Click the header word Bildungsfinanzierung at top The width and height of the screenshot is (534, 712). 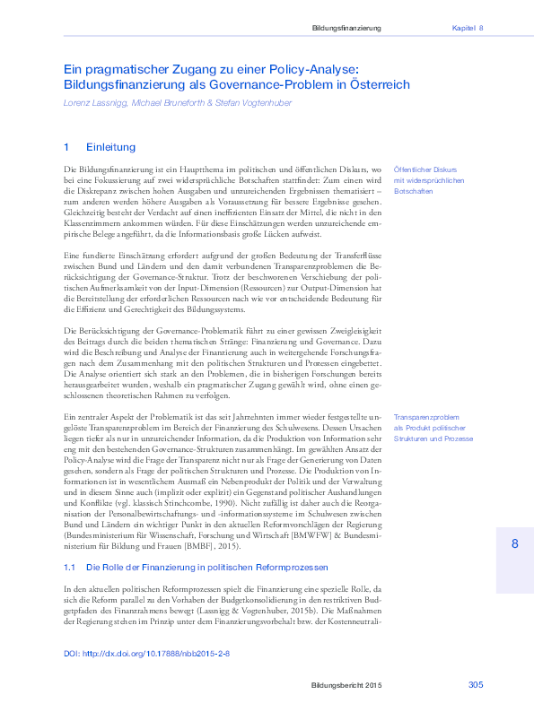(x=346, y=29)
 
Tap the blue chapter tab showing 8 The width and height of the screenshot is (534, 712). (x=514, y=544)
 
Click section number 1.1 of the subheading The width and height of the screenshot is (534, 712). (x=69, y=568)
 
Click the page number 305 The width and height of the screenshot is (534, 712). (x=476, y=685)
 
